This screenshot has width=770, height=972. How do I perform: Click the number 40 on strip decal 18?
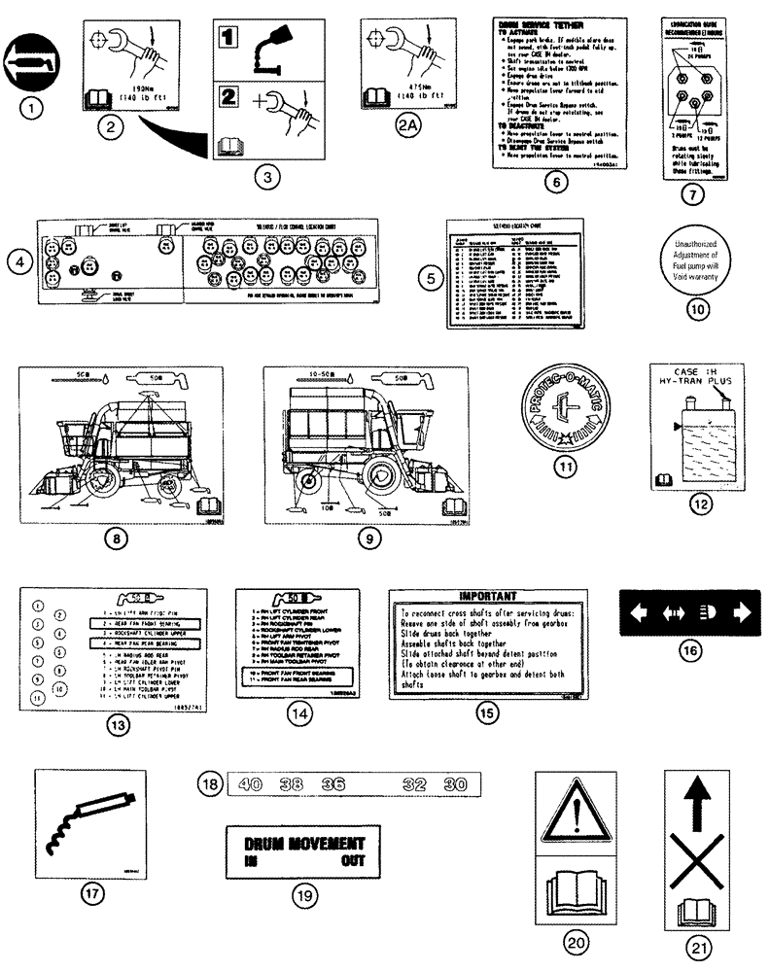tap(250, 783)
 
